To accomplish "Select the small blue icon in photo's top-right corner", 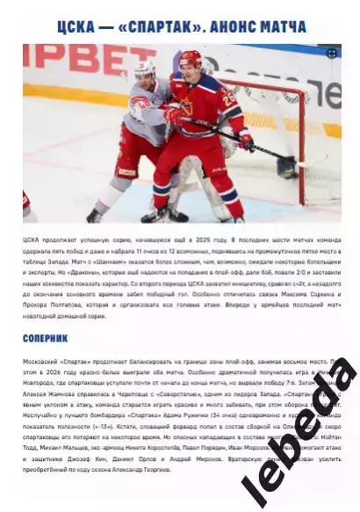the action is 332,54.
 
